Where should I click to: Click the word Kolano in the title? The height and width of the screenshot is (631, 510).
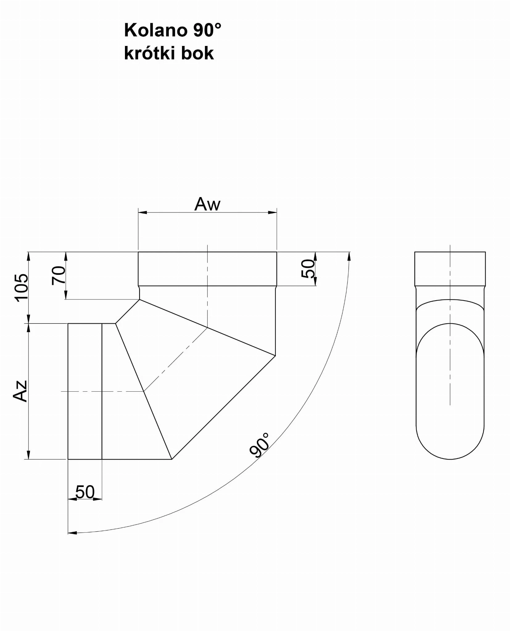tap(155, 31)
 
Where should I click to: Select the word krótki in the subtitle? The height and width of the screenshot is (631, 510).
tap(150, 53)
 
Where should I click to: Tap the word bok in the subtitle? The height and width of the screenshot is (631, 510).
tap(197, 53)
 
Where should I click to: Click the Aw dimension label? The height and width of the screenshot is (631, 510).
tap(207, 204)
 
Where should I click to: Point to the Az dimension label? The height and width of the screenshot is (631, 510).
tap(20, 391)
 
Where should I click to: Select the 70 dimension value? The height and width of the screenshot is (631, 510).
tap(59, 275)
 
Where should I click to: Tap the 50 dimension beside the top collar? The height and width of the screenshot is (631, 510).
tap(308, 269)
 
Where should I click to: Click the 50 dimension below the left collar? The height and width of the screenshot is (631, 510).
tap(85, 492)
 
